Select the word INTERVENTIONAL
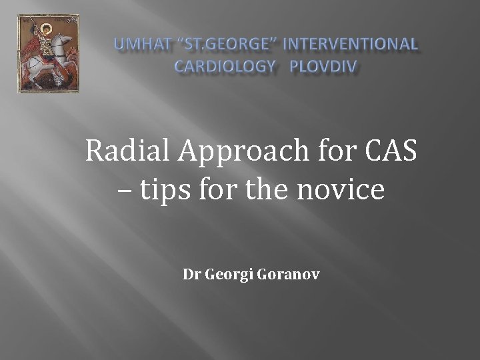click(x=352, y=45)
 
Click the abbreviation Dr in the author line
click(x=190, y=274)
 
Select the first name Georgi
click(x=223, y=275)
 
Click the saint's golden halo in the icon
click(x=46, y=29)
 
